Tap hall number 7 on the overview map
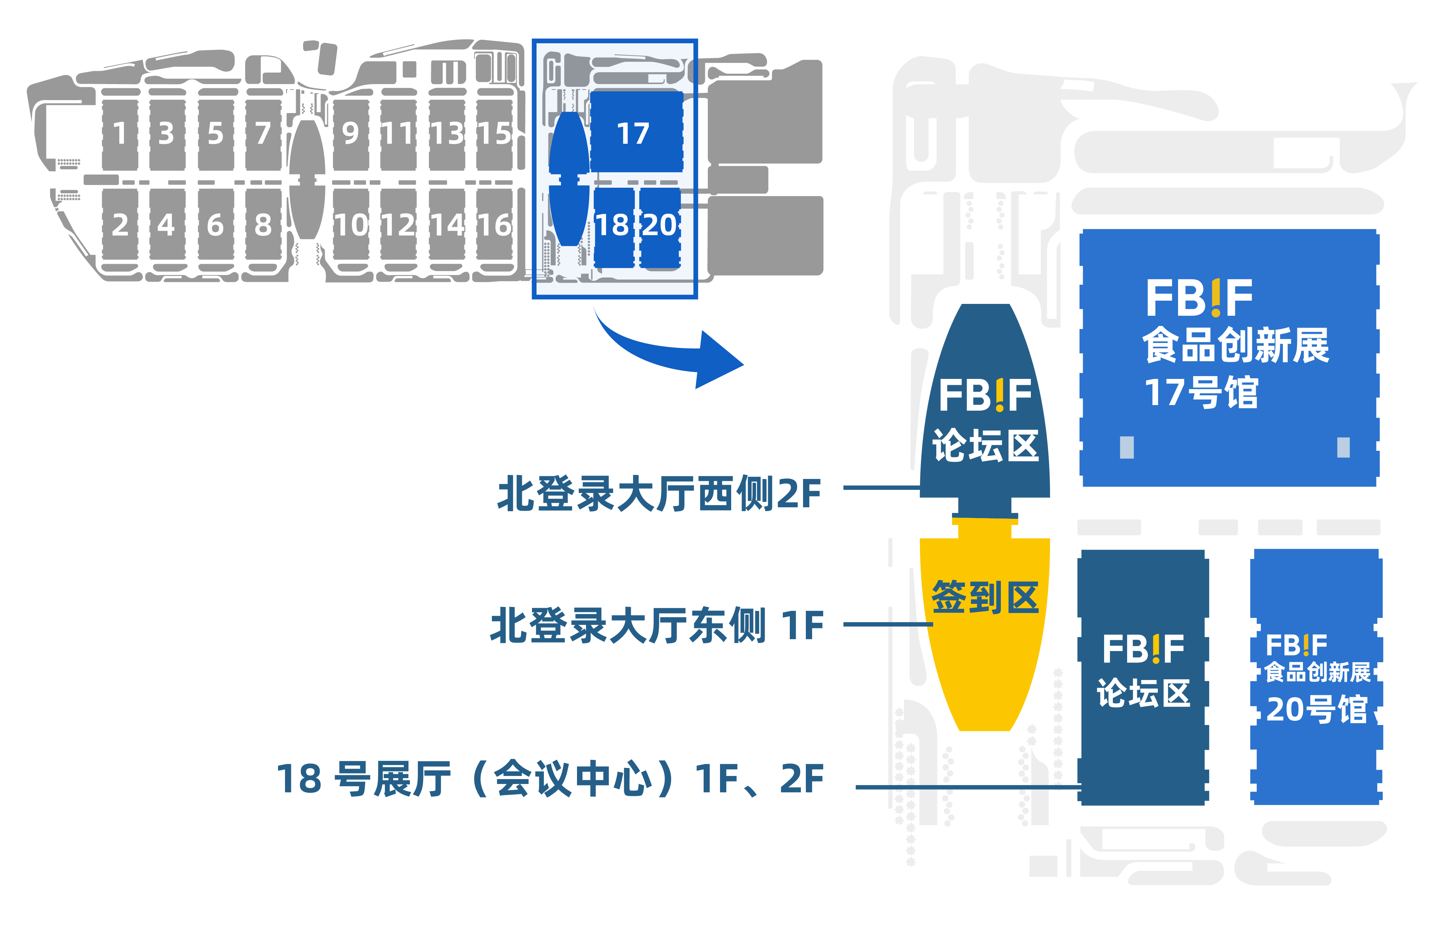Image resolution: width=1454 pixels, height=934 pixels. pyautogui.click(x=263, y=133)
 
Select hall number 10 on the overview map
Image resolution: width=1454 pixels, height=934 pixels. pyautogui.click(x=351, y=225)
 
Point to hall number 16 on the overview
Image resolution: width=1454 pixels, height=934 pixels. pyautogui.click(x=495, y=225)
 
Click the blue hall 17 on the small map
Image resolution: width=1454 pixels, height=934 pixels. pyautogui.click(x=633, y=133)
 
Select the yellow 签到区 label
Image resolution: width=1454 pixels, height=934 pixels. pyautogui.click(x=985, y=597)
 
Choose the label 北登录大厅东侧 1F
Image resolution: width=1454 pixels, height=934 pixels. pyautogui.click(x=657, y=625)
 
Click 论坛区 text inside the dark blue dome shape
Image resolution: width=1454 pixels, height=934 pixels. pyautogui.click(x=985, y=446)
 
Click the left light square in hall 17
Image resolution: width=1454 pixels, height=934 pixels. pyautogui.click(x=1126, y=448)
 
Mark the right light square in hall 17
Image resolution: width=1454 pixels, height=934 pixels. pyautogui.click(x=1343, y=448)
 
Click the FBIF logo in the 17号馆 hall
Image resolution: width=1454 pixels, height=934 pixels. pyautogui.click(x=1199, y=298)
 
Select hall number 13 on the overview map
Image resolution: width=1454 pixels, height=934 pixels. pyautogui.click(x=447, y=133)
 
